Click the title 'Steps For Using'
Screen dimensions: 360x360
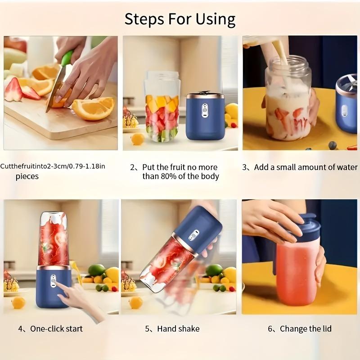[180, 19]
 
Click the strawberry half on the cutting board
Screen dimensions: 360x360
[13, 89]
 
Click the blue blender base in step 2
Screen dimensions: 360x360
[205, 116]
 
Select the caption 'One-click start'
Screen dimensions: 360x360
[56, 329]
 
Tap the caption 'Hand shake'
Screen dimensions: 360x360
[178, 329]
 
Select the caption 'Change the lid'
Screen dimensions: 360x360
[306, 329]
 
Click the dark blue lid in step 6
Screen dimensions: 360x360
[302, 227]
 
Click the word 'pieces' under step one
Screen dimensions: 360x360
[27, 176]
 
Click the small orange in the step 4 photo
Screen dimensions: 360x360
[18, 302]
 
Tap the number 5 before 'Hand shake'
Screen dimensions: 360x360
[147, 329]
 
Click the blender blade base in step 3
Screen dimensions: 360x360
[346, 106]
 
